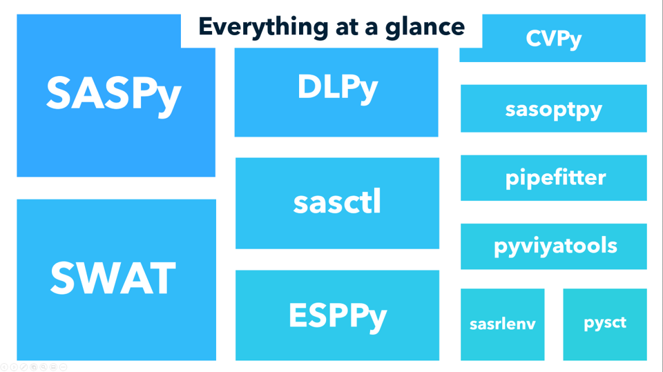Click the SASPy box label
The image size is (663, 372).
pos(114,93)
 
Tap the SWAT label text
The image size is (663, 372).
pos(113,278)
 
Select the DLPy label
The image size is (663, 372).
pos(337,87)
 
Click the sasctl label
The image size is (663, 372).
pos(337,202)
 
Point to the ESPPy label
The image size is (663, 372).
pos(337,315)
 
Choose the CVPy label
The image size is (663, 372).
pos(553,39)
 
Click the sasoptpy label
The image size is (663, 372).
pos(553,109)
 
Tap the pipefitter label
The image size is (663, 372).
pos(555,177)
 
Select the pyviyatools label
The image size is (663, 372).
pos(555,246)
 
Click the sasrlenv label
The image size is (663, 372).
pos(502,324)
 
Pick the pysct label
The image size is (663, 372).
pos(605,323)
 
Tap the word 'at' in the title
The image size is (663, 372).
pos(352,27)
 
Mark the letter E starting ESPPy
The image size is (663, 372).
pos(298,315)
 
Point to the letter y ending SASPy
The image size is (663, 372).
pos(168,97)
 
